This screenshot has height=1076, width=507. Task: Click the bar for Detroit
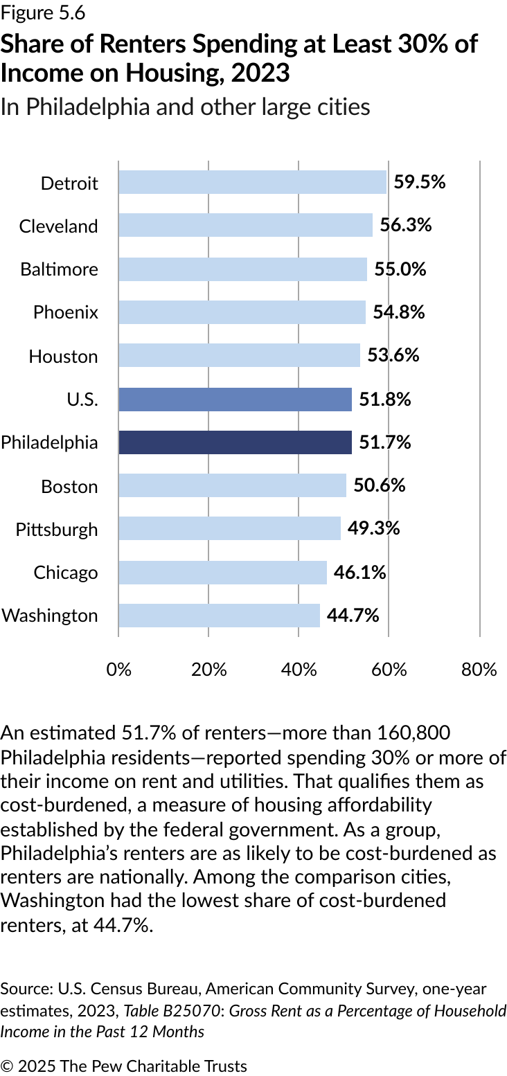[x=252, y=182]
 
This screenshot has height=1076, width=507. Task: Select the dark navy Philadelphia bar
[x=235, y=442]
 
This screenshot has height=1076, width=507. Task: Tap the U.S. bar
[x=235, y=400]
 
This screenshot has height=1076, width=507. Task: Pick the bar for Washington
[x=219, y=616]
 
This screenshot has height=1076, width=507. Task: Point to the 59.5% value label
[x=419, y=182]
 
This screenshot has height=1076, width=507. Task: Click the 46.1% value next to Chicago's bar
[x=359, y=572]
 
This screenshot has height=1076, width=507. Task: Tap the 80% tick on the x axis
[x=479, y=670]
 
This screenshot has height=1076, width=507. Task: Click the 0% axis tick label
[x=118, y=670]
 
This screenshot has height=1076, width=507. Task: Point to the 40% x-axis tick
[x=299, y=670]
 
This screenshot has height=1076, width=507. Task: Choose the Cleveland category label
[x=59, y=226]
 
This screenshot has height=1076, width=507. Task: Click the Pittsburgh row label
[x=57, y=530]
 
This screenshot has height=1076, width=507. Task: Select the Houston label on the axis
[x=63, y=357]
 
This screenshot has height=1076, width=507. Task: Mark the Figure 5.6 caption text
[x=43, y=12]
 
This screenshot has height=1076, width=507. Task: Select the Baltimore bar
[x=242, y=269]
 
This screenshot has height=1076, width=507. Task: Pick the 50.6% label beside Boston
[x=379, y=485]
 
